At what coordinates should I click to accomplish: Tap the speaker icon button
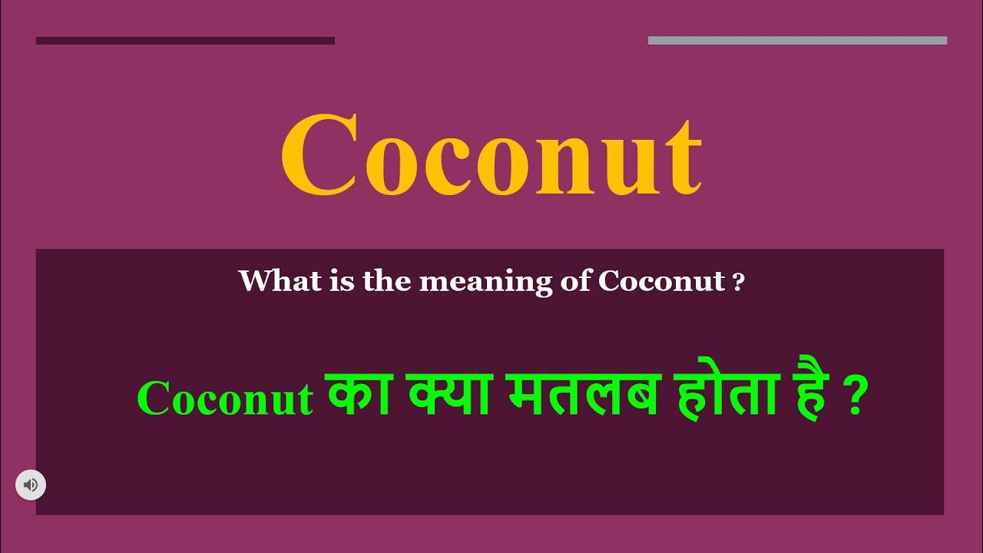click(31, 485)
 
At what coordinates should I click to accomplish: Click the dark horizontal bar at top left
click(185, 41)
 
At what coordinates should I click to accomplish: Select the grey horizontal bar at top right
click(797, 41)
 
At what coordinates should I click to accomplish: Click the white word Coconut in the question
click(661, 281)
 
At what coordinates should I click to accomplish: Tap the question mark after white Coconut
click(739, 282)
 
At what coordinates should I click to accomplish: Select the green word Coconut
click(225, 399)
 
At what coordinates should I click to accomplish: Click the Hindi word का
click(352, 396)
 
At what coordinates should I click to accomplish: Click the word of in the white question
click(572, 281)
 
